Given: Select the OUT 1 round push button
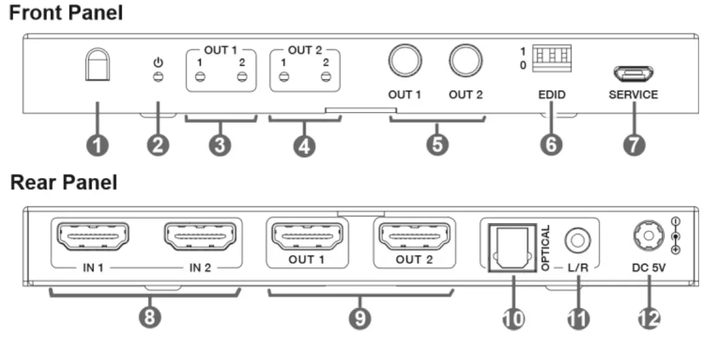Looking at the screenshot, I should tap(405, 61).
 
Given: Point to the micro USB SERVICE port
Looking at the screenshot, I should tap(633, 74).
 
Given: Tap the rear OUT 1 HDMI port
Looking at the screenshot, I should tap(306, 238).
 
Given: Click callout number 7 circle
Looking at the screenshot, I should tap(633, 144).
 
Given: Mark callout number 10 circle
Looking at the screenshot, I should tap(513, 318).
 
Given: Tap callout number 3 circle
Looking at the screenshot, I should tap(221, 144).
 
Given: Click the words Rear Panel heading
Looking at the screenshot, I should tap(64, 182).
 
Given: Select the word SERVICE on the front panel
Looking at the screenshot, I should tap(633, 94).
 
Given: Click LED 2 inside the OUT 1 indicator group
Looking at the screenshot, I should tap(241, 77).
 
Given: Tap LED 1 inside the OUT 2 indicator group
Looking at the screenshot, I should tap(284, 77).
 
